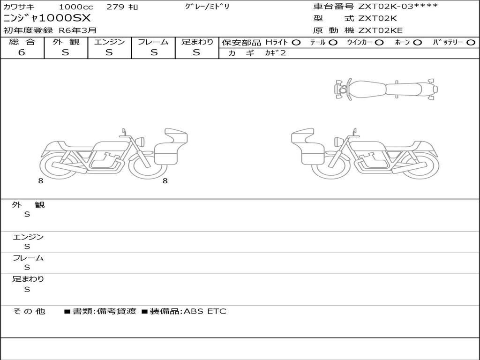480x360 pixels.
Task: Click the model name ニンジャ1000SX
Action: (47, 18)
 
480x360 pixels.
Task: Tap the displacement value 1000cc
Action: (76, 7)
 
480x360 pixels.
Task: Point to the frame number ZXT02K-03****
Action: (398, 6)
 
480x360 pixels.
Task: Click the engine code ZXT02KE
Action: (381, 30)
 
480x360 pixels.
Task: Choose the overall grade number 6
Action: (22, 52)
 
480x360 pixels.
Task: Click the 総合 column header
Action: (22, 42)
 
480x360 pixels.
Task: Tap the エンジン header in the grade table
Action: (109, 42)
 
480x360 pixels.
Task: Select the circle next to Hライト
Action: (296, 42)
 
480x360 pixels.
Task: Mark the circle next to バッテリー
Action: (471, 42)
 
